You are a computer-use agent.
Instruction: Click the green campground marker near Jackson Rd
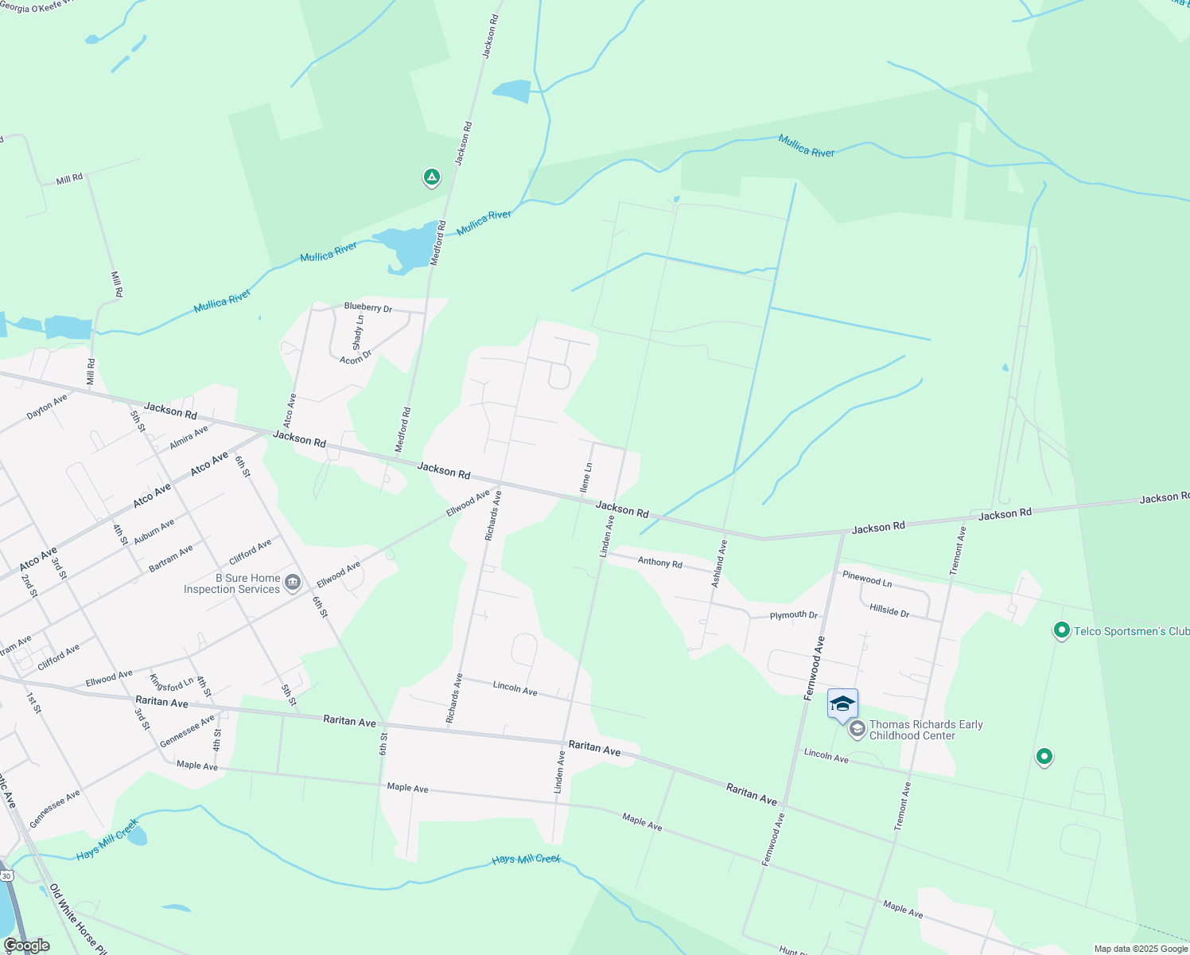click(x=431, y=177)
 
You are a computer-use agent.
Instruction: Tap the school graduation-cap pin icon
click(x=842, y=704)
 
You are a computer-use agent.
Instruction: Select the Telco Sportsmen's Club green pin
click(x=1061, y=631)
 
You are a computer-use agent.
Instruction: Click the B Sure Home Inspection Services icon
click(x=293, y=583)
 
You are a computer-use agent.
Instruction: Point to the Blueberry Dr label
click(x=367, y=307)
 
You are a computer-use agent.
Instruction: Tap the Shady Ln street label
click(x=358, y=332)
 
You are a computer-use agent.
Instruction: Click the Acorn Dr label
click(x=356, y=358)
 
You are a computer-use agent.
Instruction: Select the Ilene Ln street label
click(x=587, y=477)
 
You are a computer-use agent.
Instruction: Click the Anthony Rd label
click(x=659, y=562)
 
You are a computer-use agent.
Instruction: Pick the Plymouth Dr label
click(x=793, y=615)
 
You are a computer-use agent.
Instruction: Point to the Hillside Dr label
click(x=889, y=611)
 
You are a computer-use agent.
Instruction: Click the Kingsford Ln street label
click(x=171, y=684)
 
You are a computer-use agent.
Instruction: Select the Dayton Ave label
click(x=47, y=407)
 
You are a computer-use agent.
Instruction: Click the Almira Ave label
click(x=189, y=436)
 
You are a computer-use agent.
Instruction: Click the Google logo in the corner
click(x=26, y=945)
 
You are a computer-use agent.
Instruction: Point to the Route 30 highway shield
click(x=6, y=875)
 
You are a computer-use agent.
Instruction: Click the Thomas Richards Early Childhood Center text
click(x=925, y=730)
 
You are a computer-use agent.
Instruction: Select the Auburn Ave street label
click(x=154, y=532)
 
